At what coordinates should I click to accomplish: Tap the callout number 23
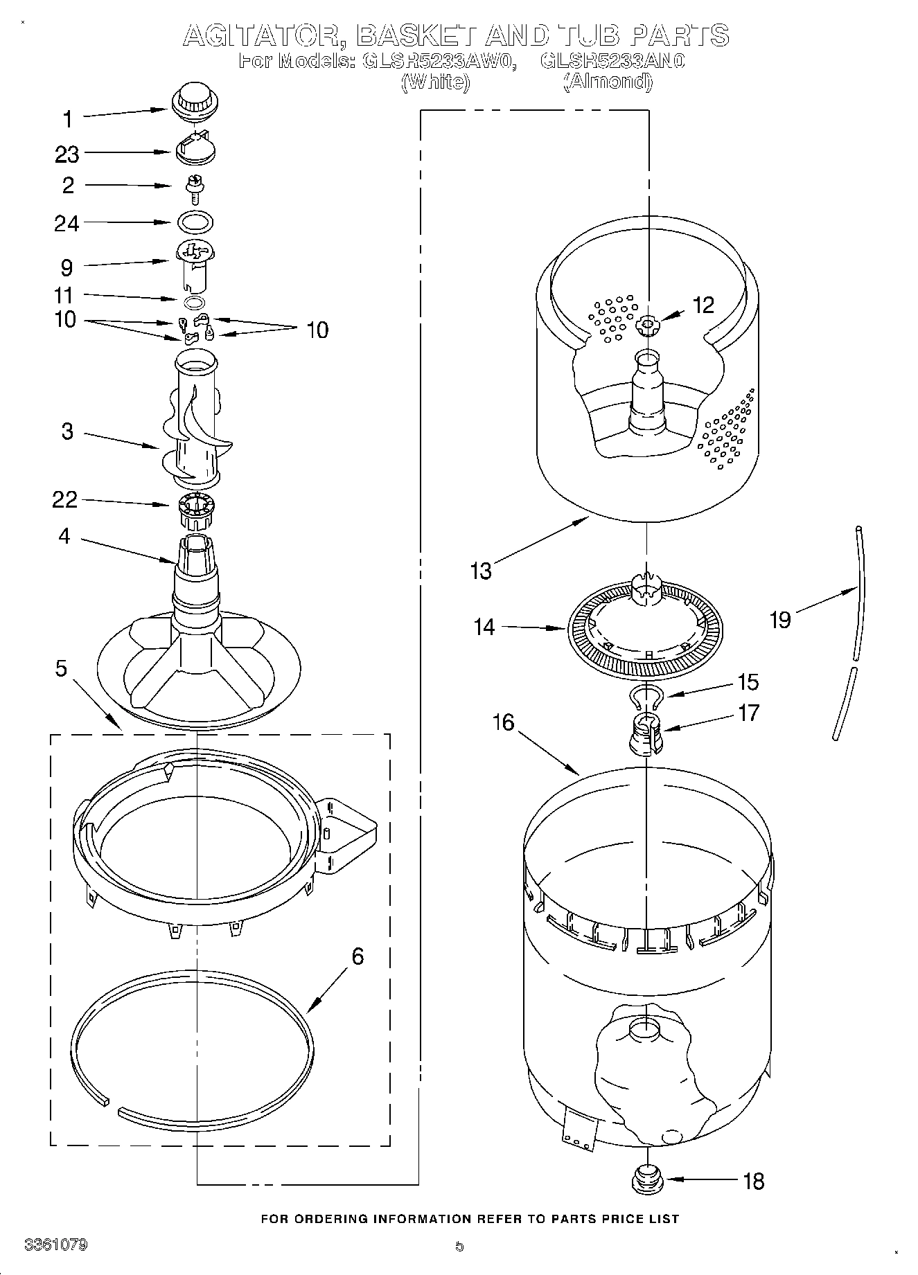67,154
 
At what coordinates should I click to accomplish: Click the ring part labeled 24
195,222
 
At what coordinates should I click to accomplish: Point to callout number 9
67,267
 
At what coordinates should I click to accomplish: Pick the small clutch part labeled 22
196,509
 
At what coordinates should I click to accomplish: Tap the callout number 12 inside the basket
703,305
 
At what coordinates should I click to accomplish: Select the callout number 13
480,571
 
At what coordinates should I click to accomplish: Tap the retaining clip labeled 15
647,696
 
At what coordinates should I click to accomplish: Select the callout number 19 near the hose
779,619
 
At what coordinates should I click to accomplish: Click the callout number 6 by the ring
358,956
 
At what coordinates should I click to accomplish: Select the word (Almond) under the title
608,82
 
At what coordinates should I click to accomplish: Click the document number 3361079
56,1245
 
